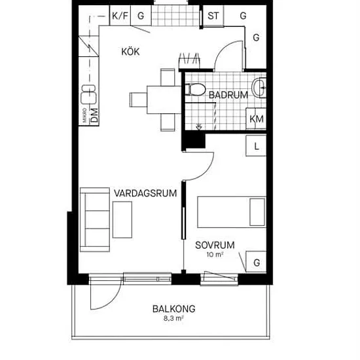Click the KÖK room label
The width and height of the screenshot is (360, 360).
pos(130,52)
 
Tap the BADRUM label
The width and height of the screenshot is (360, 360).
pos(228,95)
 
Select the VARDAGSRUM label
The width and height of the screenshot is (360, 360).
pos(145,193)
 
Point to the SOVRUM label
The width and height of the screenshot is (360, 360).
pos(215,245)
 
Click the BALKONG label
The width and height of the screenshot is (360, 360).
pos(174,309)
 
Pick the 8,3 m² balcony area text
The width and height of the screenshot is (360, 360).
pos(173,319)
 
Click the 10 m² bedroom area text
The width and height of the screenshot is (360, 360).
pos(215,255)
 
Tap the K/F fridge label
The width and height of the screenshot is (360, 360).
pos(120,16)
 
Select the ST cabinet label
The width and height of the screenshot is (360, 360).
pos(213,16)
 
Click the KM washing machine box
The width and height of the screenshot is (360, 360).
pos(256,118)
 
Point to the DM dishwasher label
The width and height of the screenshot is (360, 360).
pos(94,115)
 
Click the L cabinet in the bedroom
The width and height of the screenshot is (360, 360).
pos(256,146)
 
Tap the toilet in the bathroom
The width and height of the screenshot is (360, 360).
pos(195,89)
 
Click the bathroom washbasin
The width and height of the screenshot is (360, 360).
pos(259,88)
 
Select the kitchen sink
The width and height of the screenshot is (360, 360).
pos(88,94)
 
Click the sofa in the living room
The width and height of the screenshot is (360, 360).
pos(95,219)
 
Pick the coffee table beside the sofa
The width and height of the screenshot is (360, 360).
pos(122,220)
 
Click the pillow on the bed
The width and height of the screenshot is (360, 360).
pos(257,212)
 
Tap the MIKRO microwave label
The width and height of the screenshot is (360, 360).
pos(85,115)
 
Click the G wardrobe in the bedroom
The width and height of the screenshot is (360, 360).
pos(256,262)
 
